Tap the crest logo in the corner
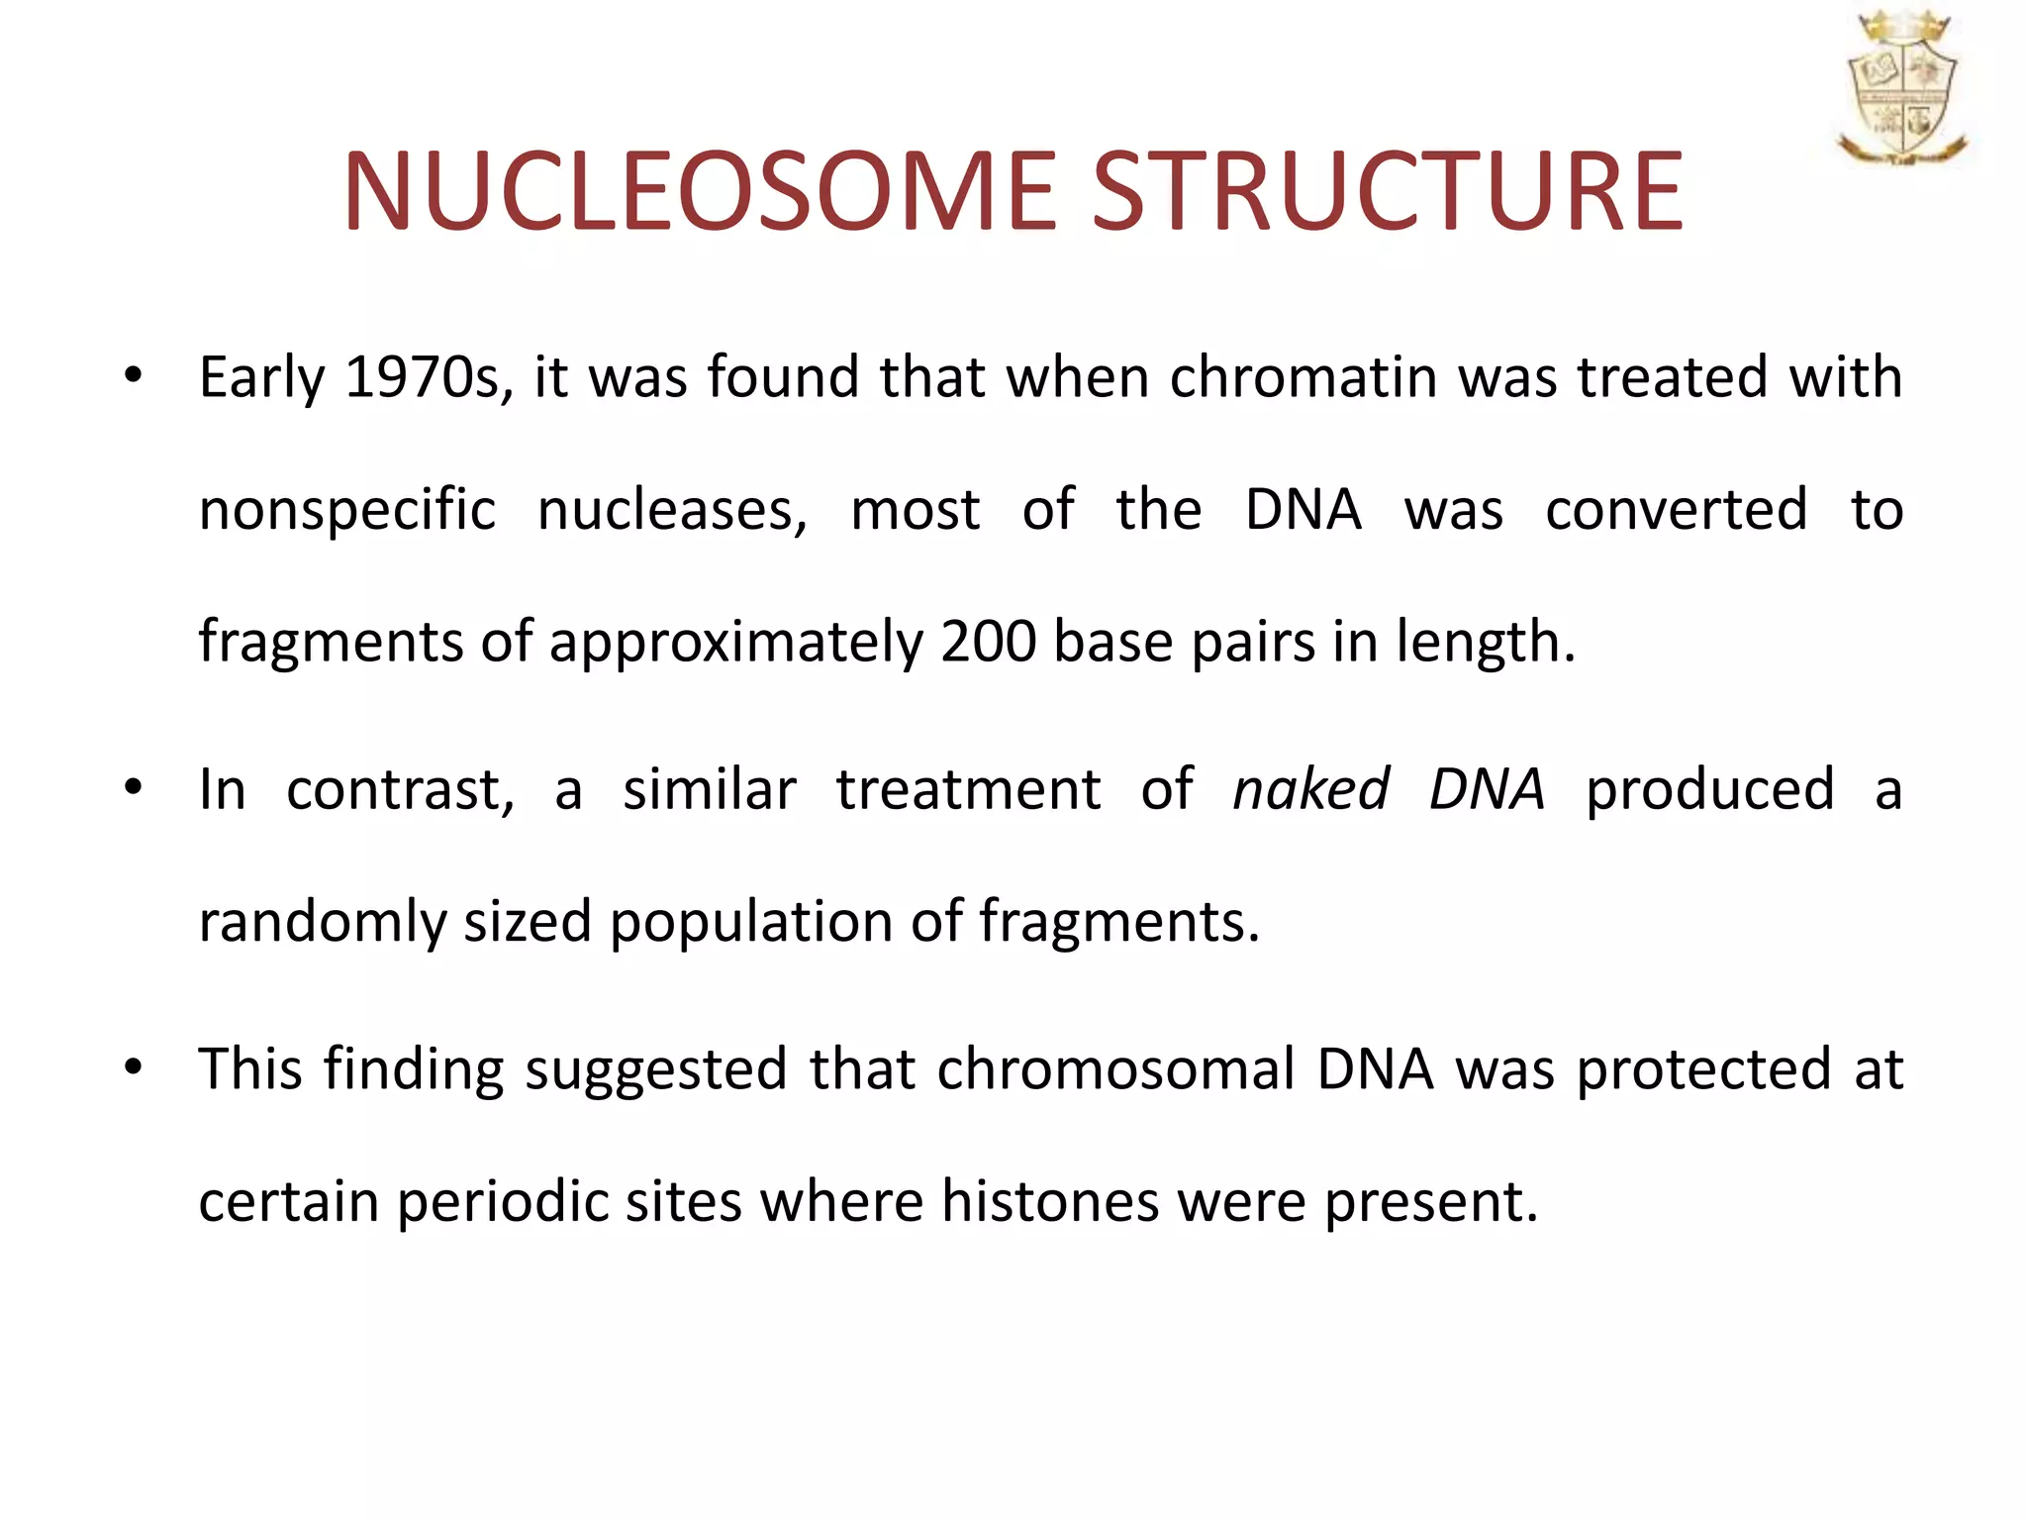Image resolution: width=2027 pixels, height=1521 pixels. click(x=1901, y=89)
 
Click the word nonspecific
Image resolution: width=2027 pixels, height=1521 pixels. click(x=346, y=511)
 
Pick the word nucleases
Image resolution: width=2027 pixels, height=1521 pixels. click(x=672, y=511)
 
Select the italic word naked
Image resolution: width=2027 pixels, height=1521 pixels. click(x=1310, y=789)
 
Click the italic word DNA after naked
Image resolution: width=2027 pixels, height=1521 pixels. click(x=1487, y=789)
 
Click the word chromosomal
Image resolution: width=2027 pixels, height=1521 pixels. click(x=1115, y=1069)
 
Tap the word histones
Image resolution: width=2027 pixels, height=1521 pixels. click(x=1049, y=1201)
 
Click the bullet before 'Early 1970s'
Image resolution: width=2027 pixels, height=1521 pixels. click(x=134, y=377)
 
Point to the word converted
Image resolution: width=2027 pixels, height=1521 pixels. click(x=1676, y=511)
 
